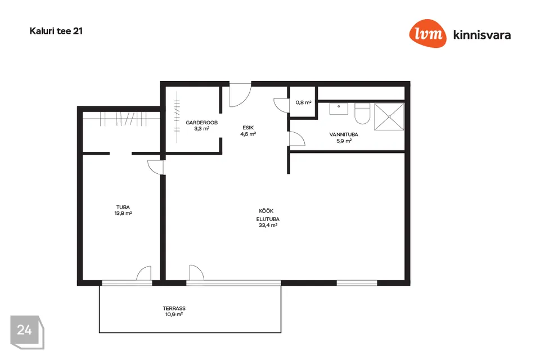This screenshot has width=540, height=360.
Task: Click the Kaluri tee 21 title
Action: (56, 31)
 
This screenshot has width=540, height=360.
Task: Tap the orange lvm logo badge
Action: (427, 33)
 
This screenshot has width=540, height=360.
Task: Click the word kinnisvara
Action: (482, 35)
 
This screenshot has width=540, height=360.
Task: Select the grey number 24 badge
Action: (27, 332)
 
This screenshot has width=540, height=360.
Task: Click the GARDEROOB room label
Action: (201, 122)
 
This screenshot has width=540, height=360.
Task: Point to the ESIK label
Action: (248, 128)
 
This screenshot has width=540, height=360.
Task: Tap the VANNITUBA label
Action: (344, 134)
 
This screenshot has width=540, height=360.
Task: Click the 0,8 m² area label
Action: (303, 102)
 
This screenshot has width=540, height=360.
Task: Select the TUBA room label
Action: (123, 207)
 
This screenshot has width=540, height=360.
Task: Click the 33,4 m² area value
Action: (268, 226)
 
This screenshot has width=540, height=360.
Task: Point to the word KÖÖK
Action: (266, 211)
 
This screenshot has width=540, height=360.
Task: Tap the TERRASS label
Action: (174, 308)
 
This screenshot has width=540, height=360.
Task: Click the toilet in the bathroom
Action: (362, 113)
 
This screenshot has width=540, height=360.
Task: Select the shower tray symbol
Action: (389, 117)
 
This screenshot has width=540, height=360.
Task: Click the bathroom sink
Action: (339, 109)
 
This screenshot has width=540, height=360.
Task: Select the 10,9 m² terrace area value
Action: (174, 314)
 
